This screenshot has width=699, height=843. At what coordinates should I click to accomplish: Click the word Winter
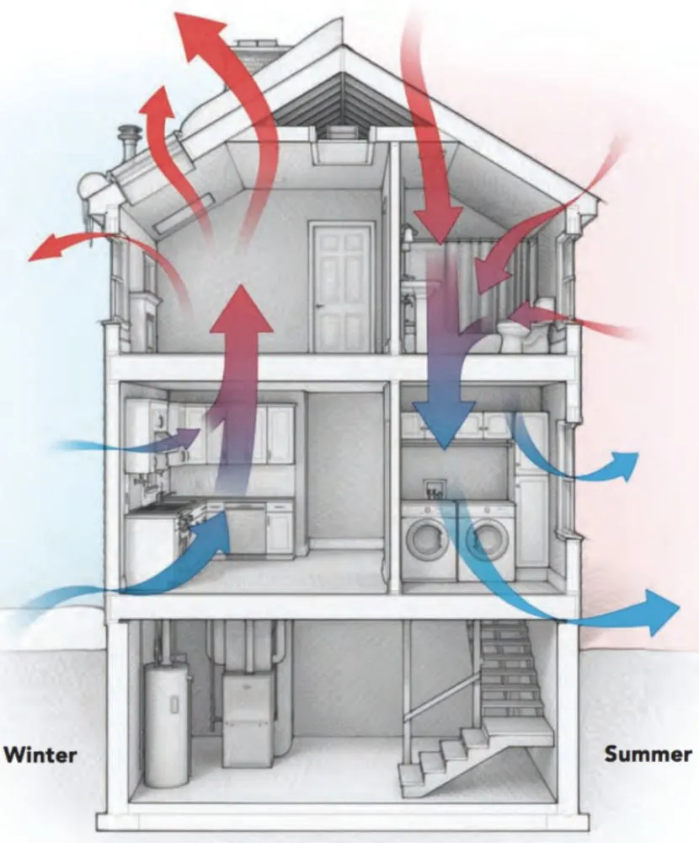click(40, 753)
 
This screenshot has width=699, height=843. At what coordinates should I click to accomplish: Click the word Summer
click(647, 753)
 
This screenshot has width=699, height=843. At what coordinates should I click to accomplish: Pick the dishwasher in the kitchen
click(244, 529)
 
